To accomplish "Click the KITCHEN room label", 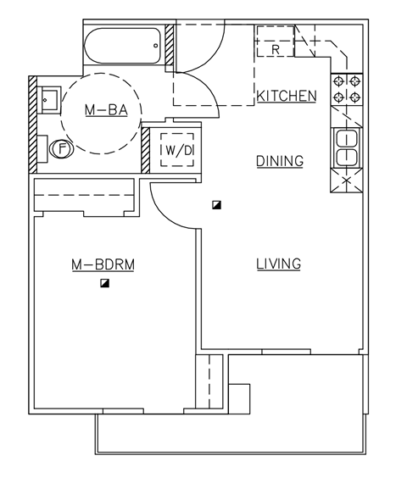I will click(x=287, y=96).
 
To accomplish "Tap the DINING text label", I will click(x=279, y=161).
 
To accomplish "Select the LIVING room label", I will click(x=279, y=264).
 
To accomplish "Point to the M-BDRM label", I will click(x=103, y=265).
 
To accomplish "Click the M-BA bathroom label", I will click(x=106, y=110).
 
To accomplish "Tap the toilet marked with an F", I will click(x=60, y=148).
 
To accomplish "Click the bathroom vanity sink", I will click(x=49, y=99).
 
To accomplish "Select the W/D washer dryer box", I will click(x=178, y=150).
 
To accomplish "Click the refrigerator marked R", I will click(x=276, y=42).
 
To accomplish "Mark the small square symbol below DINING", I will click(x=218, y=205).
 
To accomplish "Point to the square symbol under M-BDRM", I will click(x=104, y=284).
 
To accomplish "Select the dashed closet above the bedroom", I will click(x=84, y=196).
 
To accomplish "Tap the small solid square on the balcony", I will click(x=240, y=398).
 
